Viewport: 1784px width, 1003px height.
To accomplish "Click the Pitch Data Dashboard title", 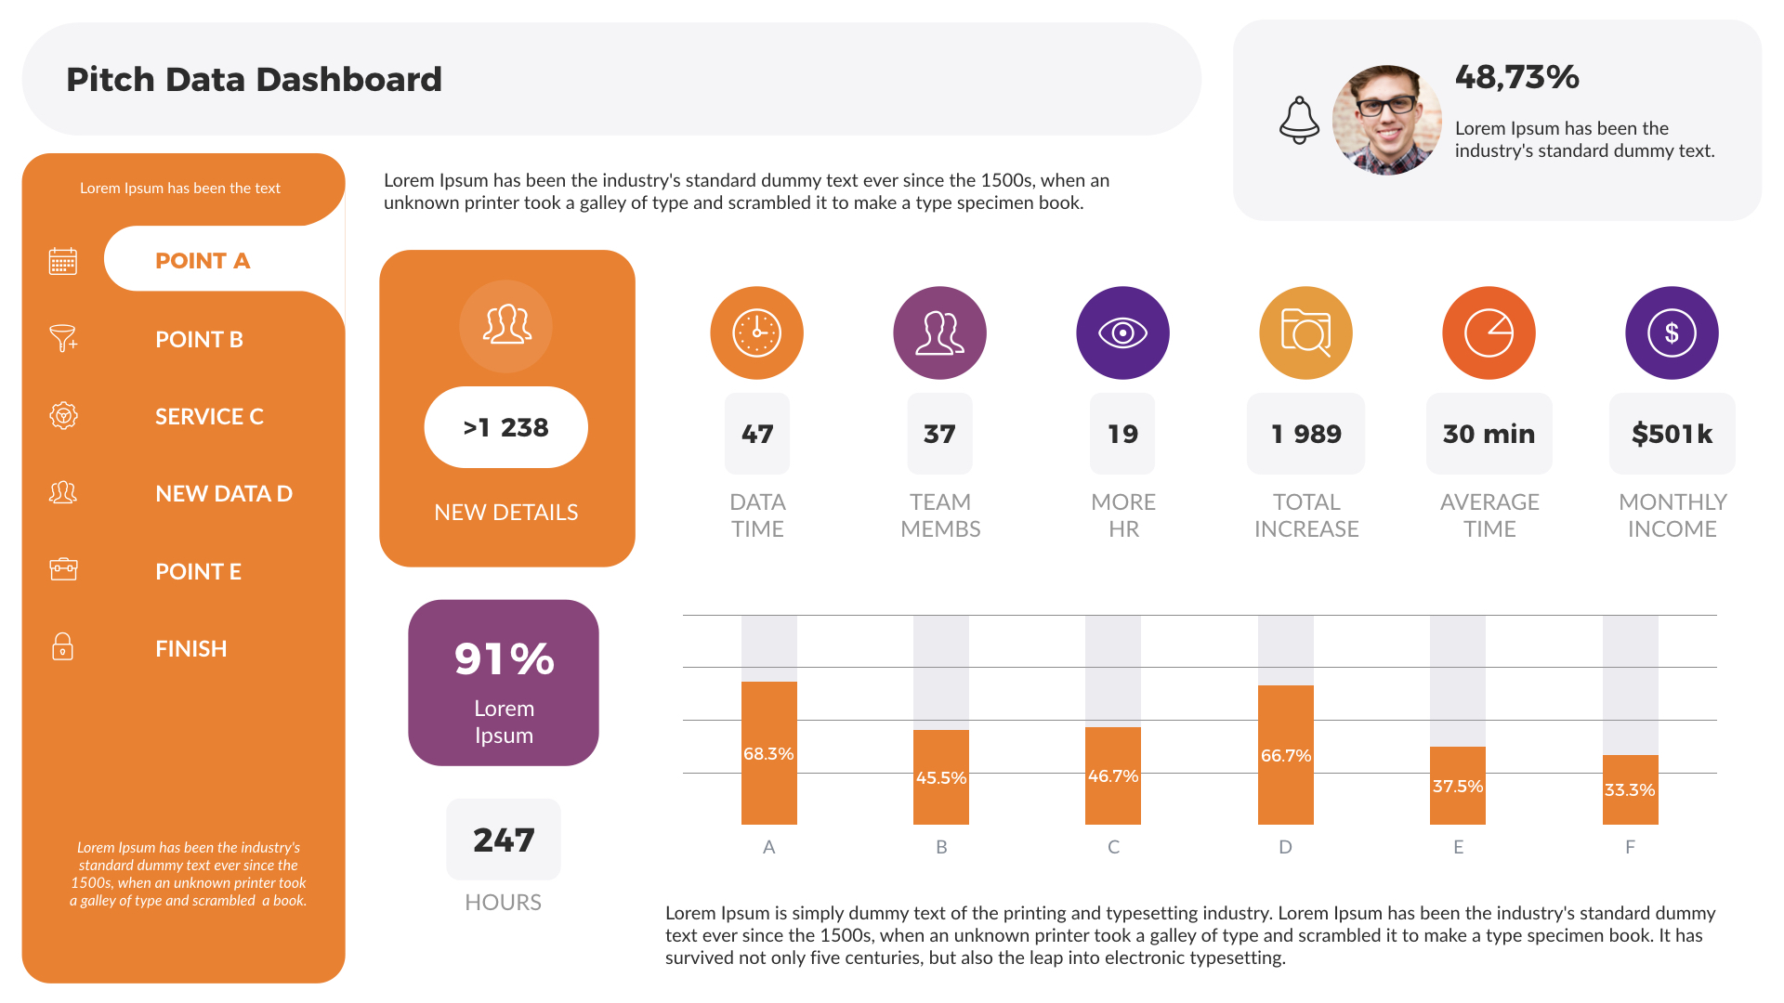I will point(254,80).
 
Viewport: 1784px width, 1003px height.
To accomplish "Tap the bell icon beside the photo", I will point(1299,120).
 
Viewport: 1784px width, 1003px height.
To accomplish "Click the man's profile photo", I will point(1386,120).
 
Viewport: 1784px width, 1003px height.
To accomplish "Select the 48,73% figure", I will point(1516,77).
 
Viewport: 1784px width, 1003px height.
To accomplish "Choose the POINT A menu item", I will point(203,261).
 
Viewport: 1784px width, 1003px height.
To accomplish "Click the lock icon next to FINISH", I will point(62,646).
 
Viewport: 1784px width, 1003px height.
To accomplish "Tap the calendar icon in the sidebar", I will point(62,261).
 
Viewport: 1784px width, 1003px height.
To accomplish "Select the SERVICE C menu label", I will point(209,416).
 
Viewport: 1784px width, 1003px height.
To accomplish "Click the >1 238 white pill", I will point(505,427).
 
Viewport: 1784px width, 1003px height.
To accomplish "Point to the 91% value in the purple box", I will point(504,659).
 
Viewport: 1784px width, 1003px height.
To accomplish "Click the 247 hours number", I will point(504,840).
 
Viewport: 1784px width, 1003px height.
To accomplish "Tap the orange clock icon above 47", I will point(756,332).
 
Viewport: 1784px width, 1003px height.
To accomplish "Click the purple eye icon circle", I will point(1122,332).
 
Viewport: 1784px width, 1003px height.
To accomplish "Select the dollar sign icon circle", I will point(1671,332).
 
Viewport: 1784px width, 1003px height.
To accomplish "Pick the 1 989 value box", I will point(1305,434).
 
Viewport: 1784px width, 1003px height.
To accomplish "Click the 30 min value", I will point(1489,434).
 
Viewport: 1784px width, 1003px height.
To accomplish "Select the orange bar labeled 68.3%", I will point(768,753).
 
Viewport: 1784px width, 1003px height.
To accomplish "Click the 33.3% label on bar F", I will point(1630,789).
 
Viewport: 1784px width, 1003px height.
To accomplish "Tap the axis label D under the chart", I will point(1285,847).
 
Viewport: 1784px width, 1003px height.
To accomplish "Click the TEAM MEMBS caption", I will point(940,515).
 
